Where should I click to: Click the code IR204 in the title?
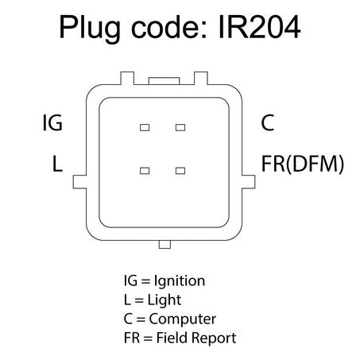click(259, 27)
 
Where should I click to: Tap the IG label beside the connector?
click(52, 122)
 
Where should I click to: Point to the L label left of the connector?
click(57, 164)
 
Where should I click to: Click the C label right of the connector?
click(267, 122)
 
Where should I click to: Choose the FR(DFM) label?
click(303, 165)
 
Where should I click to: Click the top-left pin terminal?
click(145, 128)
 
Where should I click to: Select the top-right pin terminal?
click(180, 128)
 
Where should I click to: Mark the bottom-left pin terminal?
click(145, 171)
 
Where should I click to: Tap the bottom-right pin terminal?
click(180, 171)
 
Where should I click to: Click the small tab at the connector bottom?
click(165, 244)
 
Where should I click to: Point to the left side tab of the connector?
click(79, 182)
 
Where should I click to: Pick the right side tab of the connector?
click(249, 182)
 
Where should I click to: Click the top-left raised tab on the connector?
click(127, 78)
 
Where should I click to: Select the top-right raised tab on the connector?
click(201, 78)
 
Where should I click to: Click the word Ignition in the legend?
click(180, 281)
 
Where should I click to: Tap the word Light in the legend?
click(165, 300)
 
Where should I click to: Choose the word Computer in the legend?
click(183, 319)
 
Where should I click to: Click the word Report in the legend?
click(214, 339)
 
